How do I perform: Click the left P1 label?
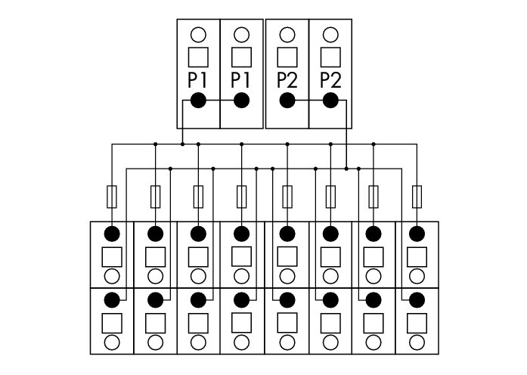(x=197, y=81)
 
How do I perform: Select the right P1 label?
(x=240, y=81)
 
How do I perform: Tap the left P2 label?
(x=287, y=81)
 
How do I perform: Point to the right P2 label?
(x=330, y=81)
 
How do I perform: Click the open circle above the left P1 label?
(x=198, y=35)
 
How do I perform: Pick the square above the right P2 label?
(x=330, y=57)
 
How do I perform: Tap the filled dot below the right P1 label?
(x=241, y=100)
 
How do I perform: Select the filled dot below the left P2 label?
(x=287, y=100)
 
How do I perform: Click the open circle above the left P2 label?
(x=287, y=35)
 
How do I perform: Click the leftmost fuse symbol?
(x=112, y=197)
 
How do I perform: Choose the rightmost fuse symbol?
(x=417, y=197)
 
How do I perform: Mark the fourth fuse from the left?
(x=242, y=197)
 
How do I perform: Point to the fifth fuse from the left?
(x=287, y=197)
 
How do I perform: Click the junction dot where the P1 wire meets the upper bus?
(x=182, y=144)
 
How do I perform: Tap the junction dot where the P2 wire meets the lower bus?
(x=346, y=169)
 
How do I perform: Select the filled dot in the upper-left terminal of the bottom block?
(x=112, y=234)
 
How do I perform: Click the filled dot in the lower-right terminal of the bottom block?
(x=417, y=300)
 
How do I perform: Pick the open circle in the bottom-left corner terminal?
(x=112, y=342)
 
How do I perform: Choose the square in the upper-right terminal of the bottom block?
(x=417, y=257)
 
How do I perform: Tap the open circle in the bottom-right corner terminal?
(x=417, y=342)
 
